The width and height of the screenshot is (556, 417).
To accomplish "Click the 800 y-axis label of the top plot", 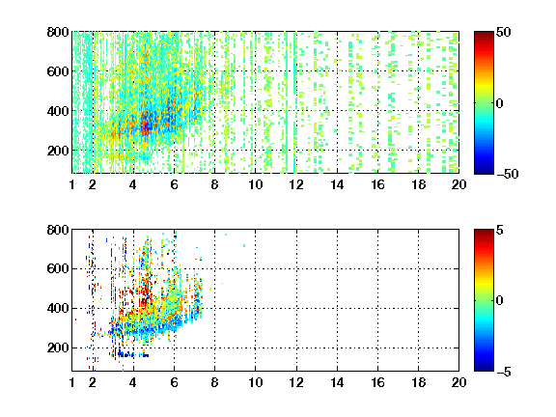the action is [58, 32].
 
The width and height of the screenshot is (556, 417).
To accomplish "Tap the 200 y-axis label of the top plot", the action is [58, 151].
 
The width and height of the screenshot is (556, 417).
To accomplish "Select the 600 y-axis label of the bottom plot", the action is [58, 268].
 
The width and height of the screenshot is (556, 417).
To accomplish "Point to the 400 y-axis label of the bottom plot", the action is [58, 308].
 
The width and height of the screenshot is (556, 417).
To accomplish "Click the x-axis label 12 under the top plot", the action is [296, 184].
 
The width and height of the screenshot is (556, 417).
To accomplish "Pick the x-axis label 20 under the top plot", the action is [459, 184].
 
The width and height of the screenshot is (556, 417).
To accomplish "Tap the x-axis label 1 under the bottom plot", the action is [72, 382].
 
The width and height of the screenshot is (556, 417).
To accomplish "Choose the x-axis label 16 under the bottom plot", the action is [377, 382].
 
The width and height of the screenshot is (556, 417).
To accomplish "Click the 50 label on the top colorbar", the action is [503, 32].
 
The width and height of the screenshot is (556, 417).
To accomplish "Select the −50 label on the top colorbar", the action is [508, 174].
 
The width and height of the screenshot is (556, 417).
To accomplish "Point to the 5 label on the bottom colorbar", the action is [500, 230].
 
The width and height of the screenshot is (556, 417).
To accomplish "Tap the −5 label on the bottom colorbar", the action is [504, 372].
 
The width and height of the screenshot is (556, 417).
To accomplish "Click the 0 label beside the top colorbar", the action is [500, 103].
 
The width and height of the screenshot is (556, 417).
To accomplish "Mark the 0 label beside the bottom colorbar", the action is [500, 301].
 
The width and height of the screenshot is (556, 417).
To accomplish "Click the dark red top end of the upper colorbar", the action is [484, 34].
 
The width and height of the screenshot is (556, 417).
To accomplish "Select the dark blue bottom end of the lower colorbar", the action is [484, 369].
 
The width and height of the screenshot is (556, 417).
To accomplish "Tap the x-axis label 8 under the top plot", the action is [214, 184].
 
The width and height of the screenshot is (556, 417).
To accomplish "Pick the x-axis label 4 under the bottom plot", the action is [133, 382].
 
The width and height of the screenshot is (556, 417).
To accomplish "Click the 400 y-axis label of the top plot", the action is [58, 111].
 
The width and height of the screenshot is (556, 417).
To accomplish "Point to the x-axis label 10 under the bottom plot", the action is [255, 382].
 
